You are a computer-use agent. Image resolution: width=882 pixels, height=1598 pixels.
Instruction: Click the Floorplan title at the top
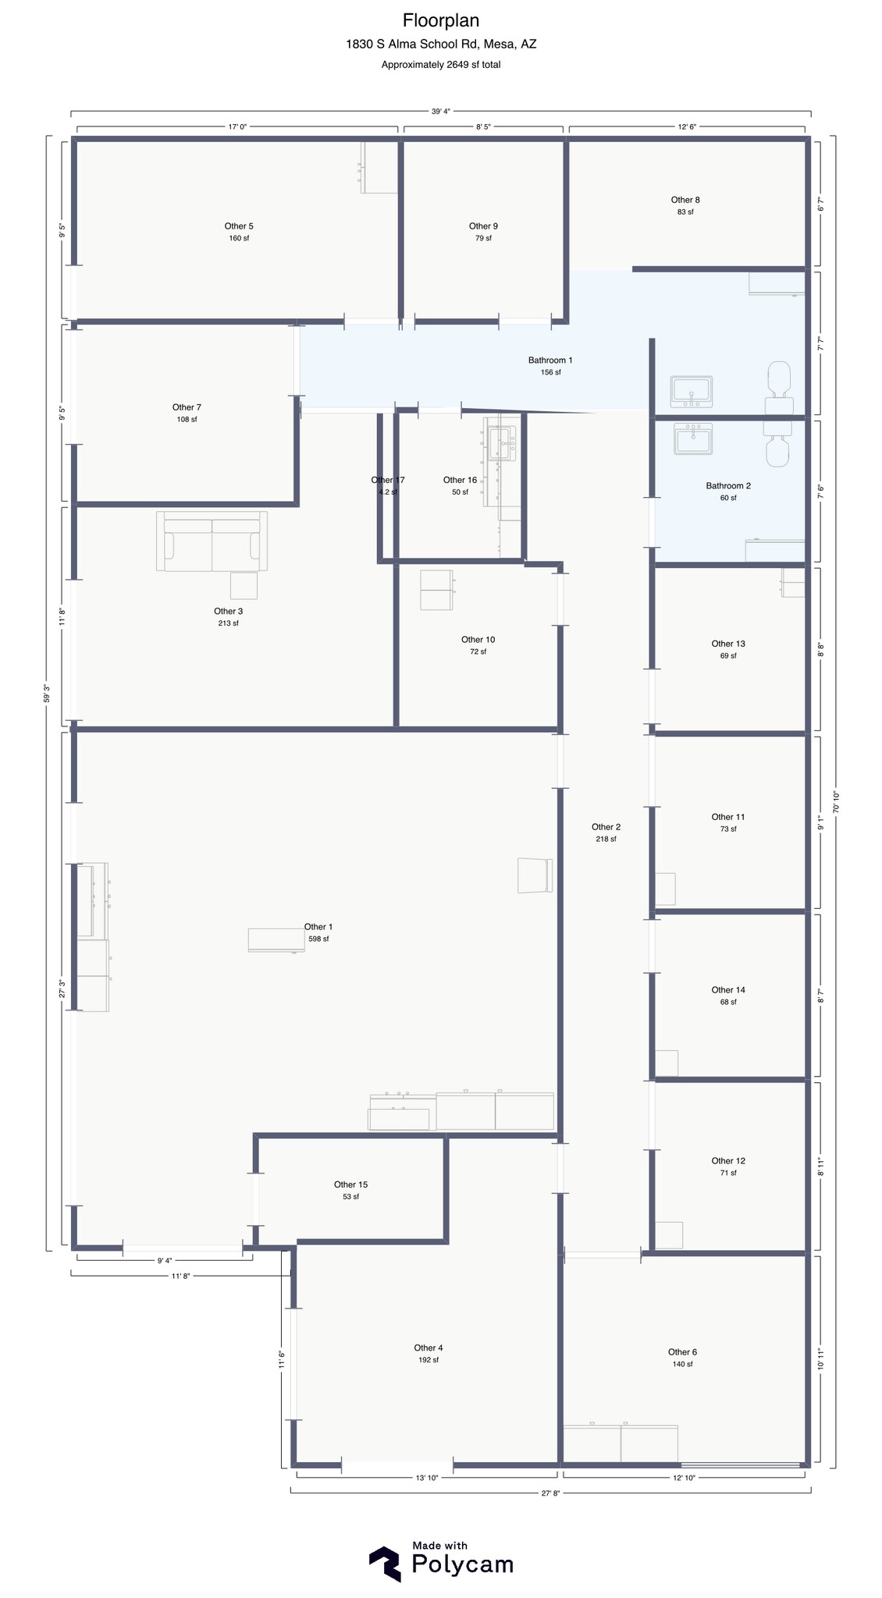(441, 20)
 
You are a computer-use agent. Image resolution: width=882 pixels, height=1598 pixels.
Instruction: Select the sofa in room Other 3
(212, 542)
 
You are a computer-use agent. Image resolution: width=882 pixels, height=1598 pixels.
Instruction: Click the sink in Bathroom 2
(693, 439)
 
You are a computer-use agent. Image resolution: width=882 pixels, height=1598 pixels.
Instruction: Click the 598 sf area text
(318, 939)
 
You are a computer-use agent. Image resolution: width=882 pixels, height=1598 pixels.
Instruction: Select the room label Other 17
(388, 480)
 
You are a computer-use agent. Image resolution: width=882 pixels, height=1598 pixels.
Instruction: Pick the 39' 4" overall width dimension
(441, 111)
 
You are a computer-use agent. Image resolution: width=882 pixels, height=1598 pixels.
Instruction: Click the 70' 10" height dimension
(836, 802)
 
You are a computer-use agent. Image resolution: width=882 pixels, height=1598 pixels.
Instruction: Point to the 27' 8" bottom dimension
(550, 1493)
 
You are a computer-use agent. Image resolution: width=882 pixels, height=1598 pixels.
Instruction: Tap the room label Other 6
(682, 1352)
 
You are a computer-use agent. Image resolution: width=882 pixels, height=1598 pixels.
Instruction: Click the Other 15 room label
(350, 1184)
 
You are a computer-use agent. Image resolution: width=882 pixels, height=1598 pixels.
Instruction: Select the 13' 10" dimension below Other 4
(427, 1477)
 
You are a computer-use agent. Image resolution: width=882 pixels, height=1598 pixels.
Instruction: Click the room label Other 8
(685, 200)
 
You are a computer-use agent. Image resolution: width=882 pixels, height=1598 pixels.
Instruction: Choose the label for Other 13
(728, 644)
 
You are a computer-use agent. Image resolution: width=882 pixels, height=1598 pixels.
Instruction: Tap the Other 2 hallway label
(606, 827)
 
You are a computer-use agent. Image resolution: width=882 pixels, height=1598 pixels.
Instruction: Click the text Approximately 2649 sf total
(441, 65)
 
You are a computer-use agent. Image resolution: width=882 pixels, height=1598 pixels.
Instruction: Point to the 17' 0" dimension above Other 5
(237, 126)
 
